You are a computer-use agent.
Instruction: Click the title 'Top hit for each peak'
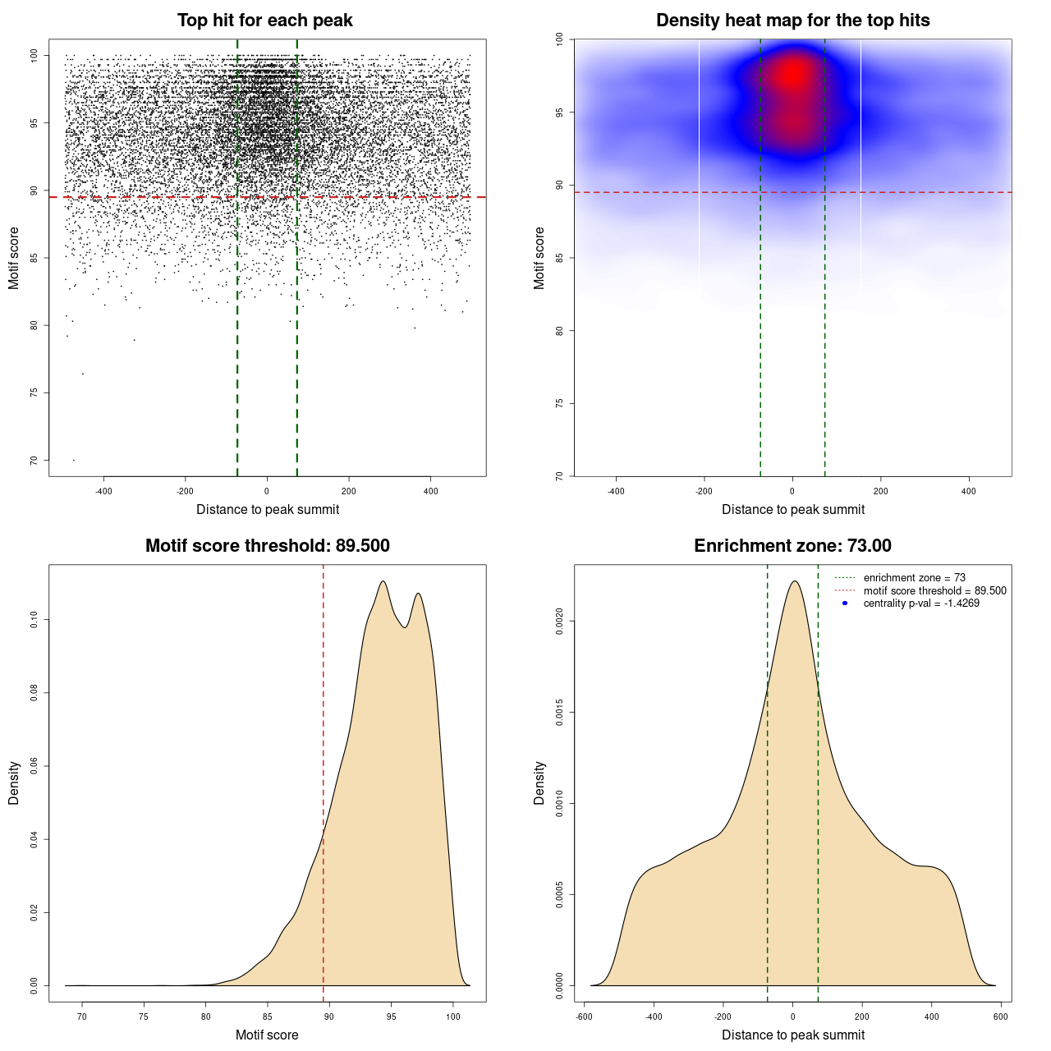click(264, 21)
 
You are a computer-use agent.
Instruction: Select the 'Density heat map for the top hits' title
click(792, 21)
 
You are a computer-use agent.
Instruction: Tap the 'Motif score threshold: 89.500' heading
click(267, 546)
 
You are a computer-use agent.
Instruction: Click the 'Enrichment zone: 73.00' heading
click(792, 546)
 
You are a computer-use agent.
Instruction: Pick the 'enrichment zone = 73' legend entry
click(914, 578)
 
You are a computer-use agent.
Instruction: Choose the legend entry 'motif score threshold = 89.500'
click(934, 590)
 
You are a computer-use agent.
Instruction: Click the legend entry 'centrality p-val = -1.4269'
click(921, 604)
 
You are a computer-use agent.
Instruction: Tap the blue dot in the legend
click(845, 604)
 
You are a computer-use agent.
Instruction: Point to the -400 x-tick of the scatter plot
click(103, 491)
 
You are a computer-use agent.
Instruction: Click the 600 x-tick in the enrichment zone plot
click(1000, 1017)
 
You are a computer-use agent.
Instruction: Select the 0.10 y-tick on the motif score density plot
click(34, 620)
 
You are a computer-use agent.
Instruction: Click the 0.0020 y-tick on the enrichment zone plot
click(559, 622)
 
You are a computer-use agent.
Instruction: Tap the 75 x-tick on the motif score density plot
click(145, 1017)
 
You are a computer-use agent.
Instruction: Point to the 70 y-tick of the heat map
click(559, 475)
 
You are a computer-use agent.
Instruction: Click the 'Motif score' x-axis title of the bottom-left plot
click(267, 1035)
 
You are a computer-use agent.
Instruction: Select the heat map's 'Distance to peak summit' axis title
click(792, 509)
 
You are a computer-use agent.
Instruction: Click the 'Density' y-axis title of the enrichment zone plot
click(539, 783)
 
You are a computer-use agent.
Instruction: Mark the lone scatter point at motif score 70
click(74, 460)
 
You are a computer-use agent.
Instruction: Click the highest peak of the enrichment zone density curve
click(794, 581)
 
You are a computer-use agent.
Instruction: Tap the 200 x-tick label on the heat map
click(880, 491)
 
